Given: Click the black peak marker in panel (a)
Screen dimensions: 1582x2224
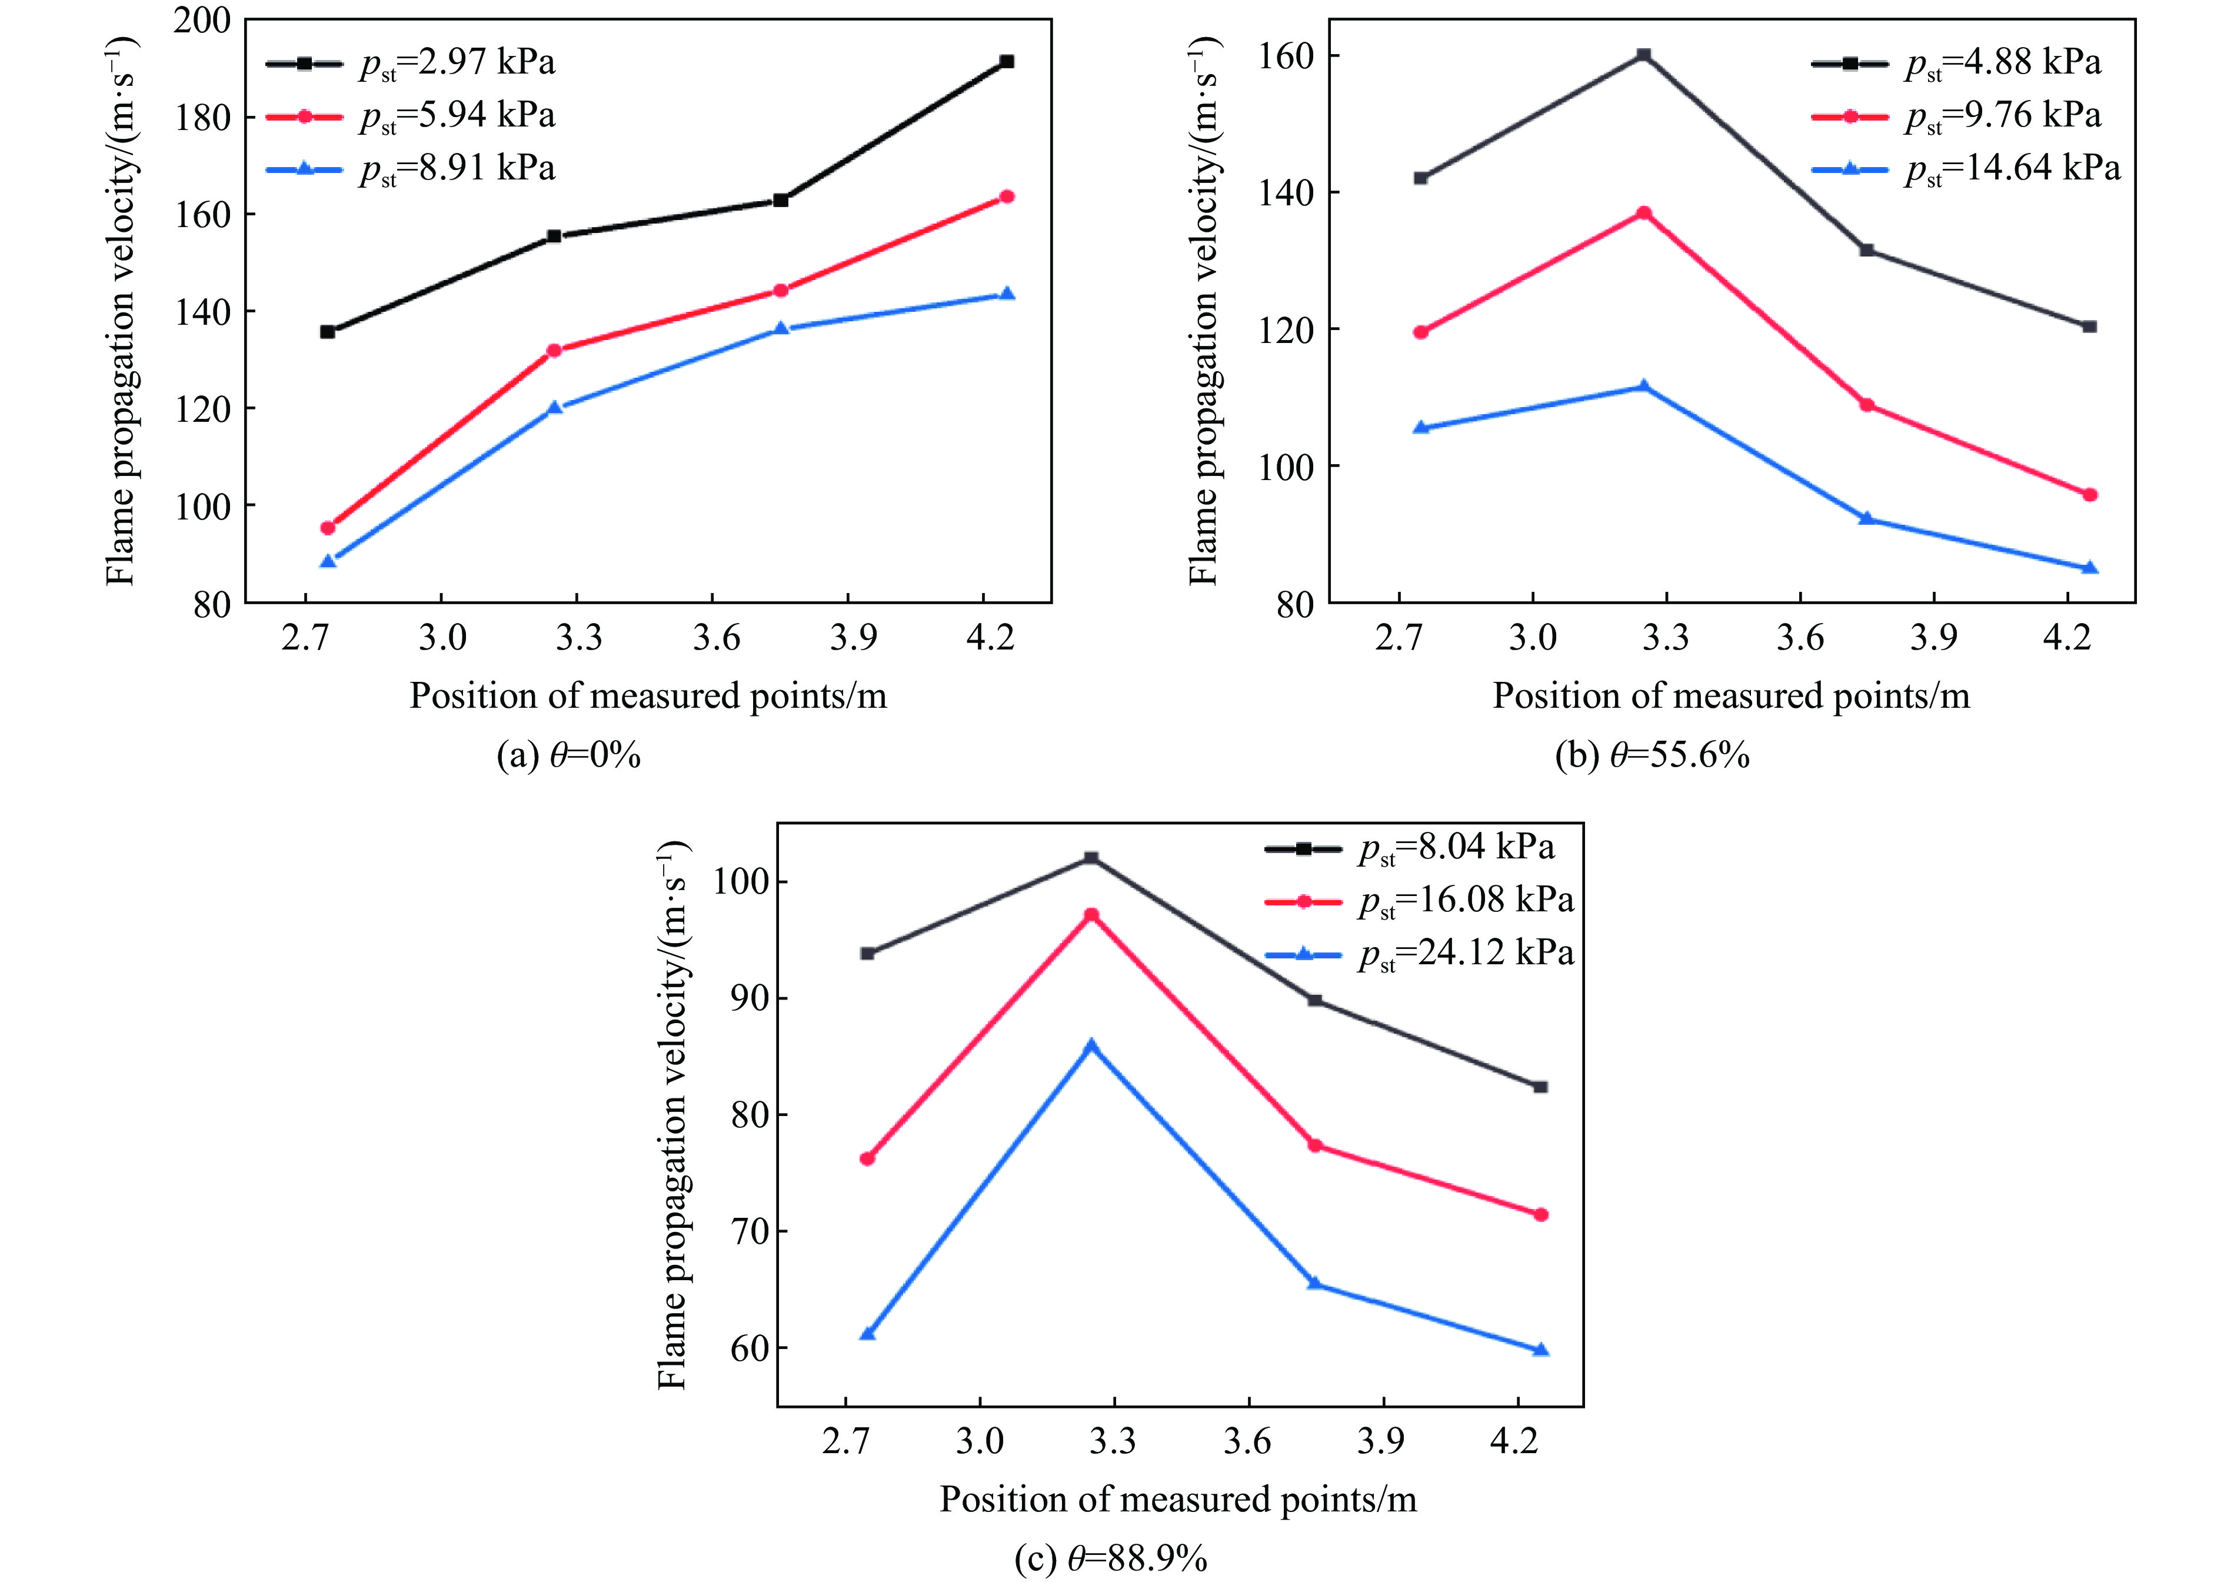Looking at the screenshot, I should coord(1006,61).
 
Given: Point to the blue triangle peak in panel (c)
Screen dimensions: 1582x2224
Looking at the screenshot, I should coord(1091,1045).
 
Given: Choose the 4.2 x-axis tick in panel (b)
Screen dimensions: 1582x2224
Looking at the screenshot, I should coord(2066,638).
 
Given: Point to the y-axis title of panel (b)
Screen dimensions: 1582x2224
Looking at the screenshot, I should coord(1203,312).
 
